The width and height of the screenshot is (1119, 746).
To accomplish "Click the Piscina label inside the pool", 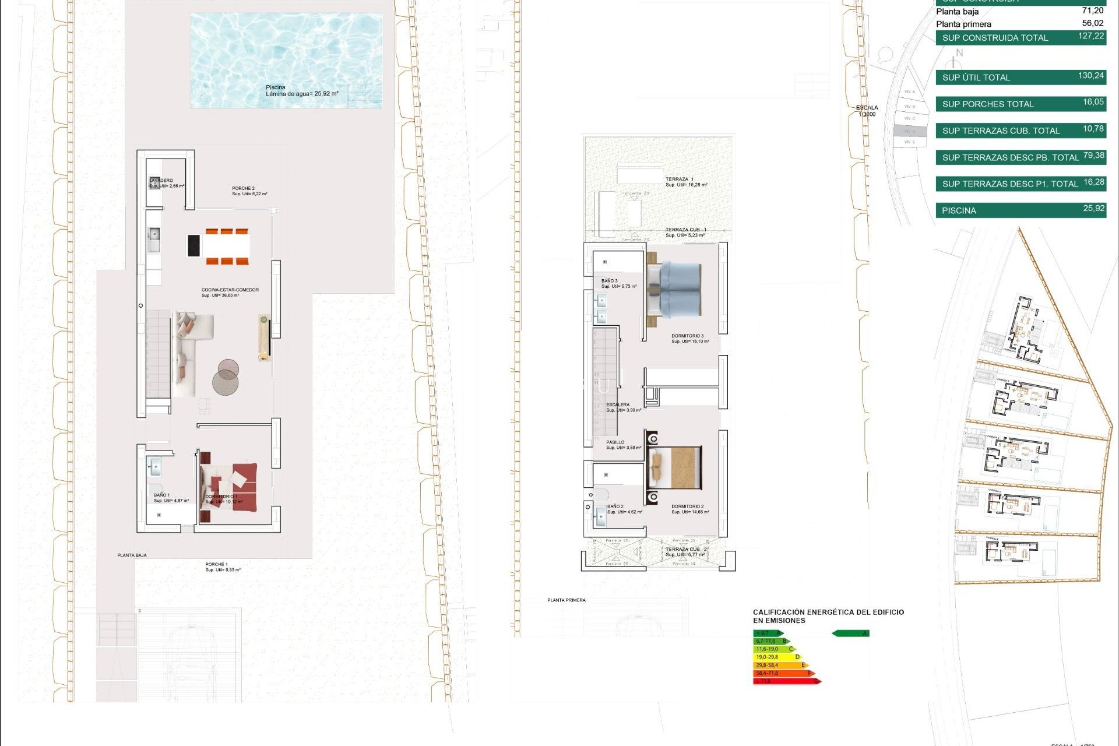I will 276,87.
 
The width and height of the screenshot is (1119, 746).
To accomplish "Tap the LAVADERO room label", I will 161,181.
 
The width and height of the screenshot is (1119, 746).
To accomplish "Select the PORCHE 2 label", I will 243,188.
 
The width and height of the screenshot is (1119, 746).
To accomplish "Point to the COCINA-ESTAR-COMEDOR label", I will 230,290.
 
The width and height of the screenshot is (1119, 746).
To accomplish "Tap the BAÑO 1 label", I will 162,495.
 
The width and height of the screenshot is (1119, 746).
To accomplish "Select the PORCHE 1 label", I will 216,564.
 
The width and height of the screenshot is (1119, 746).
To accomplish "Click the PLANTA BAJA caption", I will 132,555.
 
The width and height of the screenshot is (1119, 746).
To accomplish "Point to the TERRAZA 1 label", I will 680,180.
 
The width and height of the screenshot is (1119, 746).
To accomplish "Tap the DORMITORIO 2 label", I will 687,506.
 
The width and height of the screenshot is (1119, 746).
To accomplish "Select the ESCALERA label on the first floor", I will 618,404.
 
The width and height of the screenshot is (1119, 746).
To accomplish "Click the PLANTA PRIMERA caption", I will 566,600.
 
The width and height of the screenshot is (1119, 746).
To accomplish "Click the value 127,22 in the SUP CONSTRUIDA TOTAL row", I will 1090,36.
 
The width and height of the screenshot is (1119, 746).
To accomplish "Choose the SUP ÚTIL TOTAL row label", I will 976,78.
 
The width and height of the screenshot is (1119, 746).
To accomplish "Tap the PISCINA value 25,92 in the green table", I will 1093,209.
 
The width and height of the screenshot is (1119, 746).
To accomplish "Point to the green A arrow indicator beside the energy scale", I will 850,634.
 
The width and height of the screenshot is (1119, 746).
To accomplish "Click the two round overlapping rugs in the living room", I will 226,377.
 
